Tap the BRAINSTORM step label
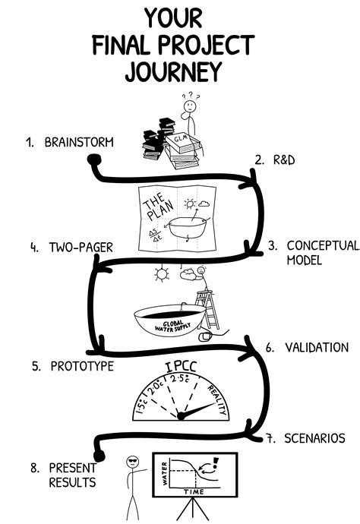coord(79,142)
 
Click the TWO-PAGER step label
coord(82,247)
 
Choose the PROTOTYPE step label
coord(82,366)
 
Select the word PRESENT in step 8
coord(73,467)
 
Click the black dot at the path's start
coord(95,160)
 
